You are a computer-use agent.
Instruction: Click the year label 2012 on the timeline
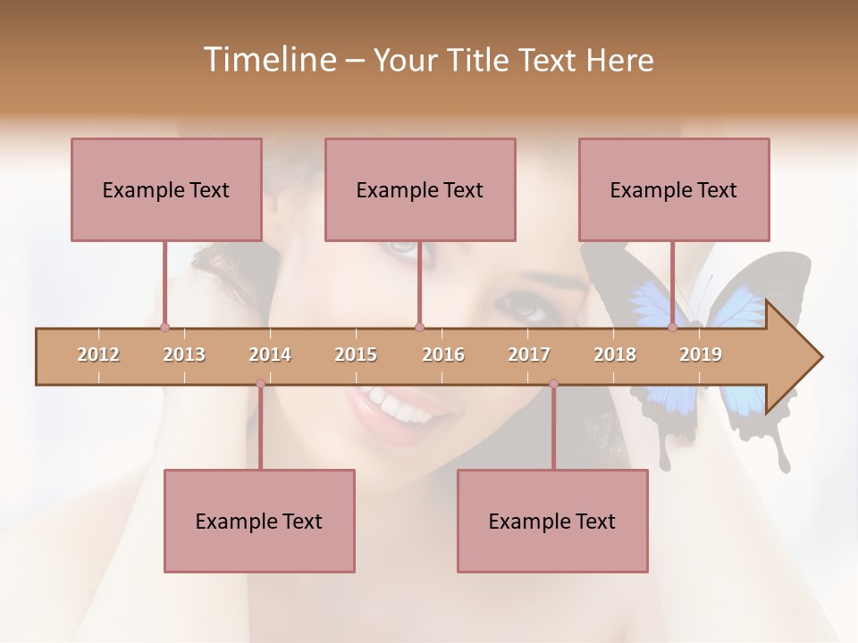98,355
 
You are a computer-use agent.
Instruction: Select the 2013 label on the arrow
184,355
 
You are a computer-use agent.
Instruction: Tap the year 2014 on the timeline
270,355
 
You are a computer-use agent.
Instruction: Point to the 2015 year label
356,355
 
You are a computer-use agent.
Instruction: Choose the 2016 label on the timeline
443,355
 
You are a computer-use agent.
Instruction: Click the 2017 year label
529,355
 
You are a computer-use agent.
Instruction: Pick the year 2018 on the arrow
615,355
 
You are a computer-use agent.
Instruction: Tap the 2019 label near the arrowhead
701,355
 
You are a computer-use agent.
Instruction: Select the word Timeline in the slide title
267,60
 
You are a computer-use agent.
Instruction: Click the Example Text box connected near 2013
166,189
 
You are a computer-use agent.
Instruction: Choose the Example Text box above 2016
420,189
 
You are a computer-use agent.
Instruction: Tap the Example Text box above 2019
674,189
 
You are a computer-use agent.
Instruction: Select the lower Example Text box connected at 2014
259,521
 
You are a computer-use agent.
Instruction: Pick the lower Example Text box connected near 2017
552,521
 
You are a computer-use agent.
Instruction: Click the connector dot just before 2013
164,328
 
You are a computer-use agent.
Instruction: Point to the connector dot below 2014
260,384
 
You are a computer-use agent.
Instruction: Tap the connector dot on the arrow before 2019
672,328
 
